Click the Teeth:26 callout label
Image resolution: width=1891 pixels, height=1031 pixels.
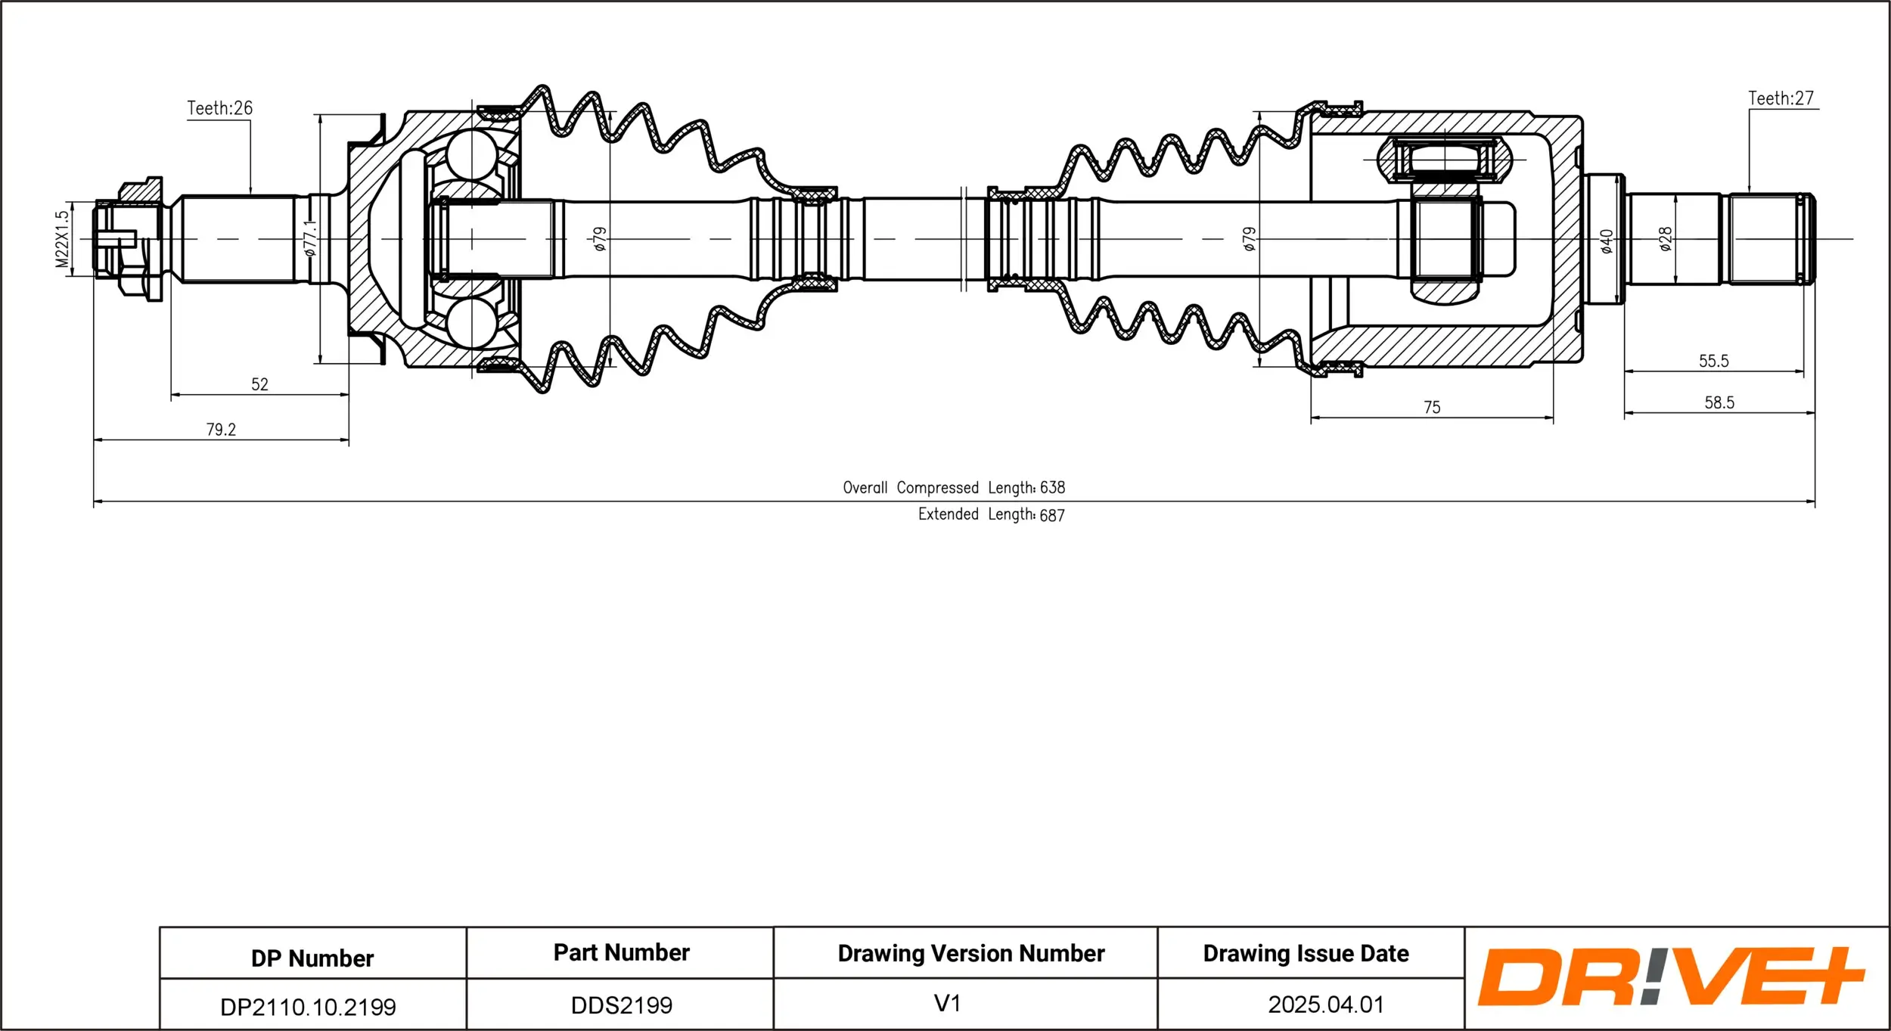[x=219, y=108]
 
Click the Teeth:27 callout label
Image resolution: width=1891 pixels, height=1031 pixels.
[x=1781, y=98]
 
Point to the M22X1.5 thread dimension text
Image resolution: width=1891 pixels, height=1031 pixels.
[x=62, y=239]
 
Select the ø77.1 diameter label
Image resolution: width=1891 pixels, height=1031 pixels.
[x=310, y=238]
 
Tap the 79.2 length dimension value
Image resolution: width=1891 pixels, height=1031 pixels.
[x=221, y=430]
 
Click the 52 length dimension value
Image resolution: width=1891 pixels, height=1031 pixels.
[x=259, y=384]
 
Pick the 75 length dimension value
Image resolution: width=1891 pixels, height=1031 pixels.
[x=1432, y=408]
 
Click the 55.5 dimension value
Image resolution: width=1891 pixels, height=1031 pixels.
[x=1713, y=361]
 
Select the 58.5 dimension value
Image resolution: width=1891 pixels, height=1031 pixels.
[x=1719, y=402]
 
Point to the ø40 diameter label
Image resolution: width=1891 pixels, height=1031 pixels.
[x=1607, y=241]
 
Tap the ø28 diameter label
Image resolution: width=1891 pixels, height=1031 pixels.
[x=1666, y=239]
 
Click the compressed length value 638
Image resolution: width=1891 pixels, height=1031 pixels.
[x=1052, y=488]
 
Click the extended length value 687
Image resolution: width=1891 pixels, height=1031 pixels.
[x=1051, y=515]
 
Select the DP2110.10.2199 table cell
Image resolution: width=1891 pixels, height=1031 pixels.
[x=308, y=1007]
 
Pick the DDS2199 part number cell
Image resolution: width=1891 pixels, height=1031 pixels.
[x=621, y=1005]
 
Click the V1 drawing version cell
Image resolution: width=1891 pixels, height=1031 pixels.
[x=947, y=1004]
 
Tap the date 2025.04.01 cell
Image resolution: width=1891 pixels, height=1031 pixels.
[x=1325, y=1005]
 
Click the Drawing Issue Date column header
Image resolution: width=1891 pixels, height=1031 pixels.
[x=1306, y=953]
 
